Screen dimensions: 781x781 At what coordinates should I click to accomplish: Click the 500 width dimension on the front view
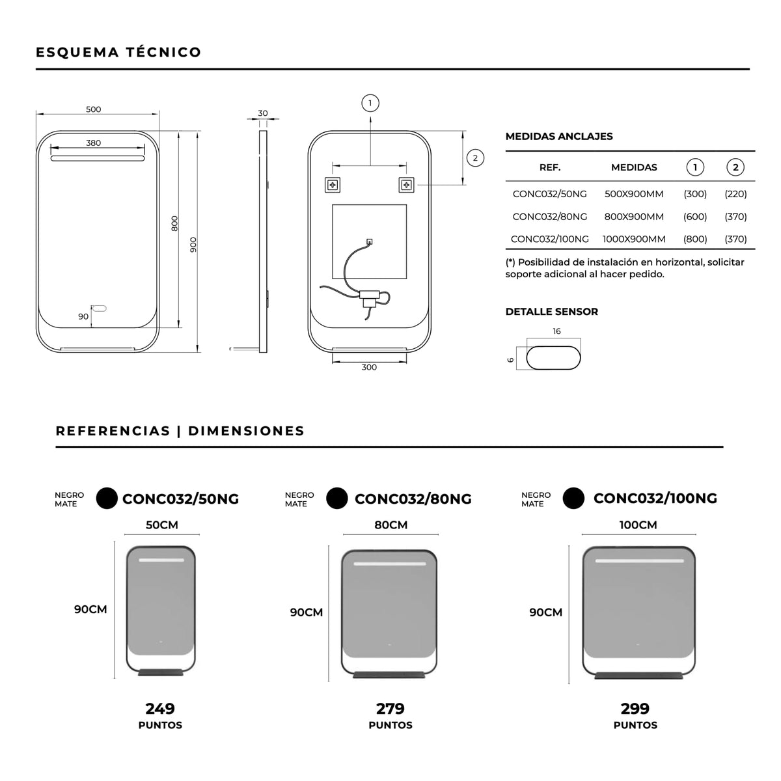[93, 109]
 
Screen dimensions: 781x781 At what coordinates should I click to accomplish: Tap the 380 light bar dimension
[93, 143]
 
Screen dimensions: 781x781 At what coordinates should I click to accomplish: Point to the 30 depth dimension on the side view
[263, 113]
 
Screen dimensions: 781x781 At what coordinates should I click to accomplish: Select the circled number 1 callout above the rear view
[370, 103]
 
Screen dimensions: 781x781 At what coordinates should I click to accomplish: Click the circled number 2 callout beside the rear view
[475, 158]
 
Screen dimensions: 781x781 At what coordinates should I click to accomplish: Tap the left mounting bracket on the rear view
[333, 185]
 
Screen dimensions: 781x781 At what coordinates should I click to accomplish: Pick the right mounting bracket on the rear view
[407, 185]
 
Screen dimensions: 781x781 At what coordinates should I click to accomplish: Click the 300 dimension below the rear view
[369, 367]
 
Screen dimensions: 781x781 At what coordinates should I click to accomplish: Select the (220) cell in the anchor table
[735, 194]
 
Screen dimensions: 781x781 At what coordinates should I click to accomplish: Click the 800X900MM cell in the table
[634, 217]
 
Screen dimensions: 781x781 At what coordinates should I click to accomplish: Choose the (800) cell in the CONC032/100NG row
[695, 239]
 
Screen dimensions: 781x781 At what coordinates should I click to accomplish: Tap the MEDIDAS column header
[634, 167]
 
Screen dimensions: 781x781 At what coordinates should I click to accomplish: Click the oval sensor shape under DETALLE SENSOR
[553, 358]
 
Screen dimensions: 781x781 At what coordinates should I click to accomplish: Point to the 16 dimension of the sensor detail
[556, 331]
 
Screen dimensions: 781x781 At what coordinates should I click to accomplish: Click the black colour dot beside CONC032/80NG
[336, 498]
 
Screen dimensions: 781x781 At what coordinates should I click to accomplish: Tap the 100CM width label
[638, 525]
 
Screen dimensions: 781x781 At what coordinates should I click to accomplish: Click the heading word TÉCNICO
[163, 52]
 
